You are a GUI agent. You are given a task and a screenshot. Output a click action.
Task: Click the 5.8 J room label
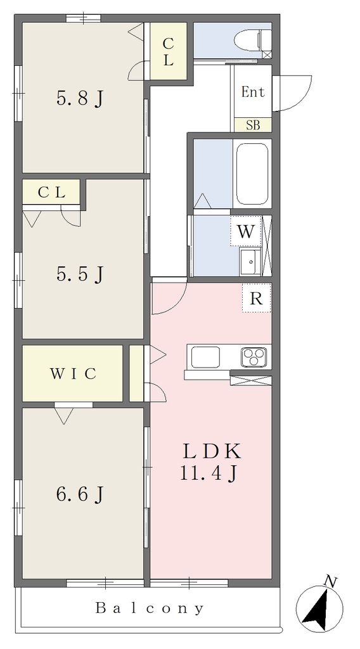coord(79,99)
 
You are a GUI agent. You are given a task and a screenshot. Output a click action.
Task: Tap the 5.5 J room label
coord(79,274)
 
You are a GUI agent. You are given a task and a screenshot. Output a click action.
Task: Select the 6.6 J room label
coord(79,494)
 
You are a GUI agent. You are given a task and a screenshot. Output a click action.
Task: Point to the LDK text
coord(212,451)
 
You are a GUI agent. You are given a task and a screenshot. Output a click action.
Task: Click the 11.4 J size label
coord(208,473)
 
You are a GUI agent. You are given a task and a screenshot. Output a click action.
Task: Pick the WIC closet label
coord(74,373)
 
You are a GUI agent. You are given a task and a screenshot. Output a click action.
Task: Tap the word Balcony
coord(150,608)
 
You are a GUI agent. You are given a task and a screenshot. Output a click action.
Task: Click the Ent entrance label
coord(253,92)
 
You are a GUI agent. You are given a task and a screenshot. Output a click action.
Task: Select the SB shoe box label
coord(253,125)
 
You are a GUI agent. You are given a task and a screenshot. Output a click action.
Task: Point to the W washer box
coord(246,231)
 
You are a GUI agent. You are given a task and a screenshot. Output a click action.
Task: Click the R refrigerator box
coord(257,298)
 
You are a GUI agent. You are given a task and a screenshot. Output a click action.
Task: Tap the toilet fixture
coord(252,40)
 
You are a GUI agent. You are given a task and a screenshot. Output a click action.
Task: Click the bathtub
coord(252,174)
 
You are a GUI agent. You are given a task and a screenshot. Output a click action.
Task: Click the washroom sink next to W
coord(250,262)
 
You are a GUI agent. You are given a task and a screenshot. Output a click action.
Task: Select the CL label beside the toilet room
coord(167,52)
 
